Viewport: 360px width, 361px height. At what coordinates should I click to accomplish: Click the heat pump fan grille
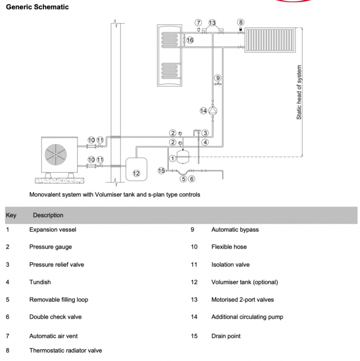[x=56, y=154]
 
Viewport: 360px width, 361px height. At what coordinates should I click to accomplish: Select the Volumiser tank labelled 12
[x=136, y=169]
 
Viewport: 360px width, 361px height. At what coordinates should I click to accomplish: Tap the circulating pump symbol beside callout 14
[x=213, y=111]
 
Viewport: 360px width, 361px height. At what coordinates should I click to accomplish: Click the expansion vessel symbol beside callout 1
[x=183, y=157]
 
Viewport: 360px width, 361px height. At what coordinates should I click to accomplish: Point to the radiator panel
[x=270, y=40]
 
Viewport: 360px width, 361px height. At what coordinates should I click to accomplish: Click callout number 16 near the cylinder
[x=190, y=40]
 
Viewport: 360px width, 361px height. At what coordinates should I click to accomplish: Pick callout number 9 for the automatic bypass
[x=218, y=78]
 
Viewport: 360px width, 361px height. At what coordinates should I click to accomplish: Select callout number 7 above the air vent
[x=198, y=23]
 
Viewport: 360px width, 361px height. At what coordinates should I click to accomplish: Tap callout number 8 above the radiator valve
[x=240, y=22]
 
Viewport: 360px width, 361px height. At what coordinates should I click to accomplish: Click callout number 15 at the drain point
[x=161, y=170]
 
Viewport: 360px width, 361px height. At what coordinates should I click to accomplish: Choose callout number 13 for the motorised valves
[x=212, y=23]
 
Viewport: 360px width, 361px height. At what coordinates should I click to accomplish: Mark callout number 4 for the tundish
[x=205, y=142]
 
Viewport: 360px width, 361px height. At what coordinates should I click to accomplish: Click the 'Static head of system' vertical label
[x=299, y=92]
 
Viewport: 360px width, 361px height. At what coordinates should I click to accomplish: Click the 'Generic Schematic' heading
[x=37, y=7]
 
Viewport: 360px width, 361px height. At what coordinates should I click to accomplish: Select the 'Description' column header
[x=48, y=215]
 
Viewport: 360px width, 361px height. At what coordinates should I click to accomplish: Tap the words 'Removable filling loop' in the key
[x=59, y=299]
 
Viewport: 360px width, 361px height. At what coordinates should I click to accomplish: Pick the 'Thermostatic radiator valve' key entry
[x=66, y=350]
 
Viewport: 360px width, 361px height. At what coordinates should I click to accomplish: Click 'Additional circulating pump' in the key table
[x=247, y=317]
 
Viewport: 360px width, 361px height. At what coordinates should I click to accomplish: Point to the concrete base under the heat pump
[x=59, y=180]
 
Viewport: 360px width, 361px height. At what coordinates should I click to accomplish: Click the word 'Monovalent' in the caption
[x=43, y=194]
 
